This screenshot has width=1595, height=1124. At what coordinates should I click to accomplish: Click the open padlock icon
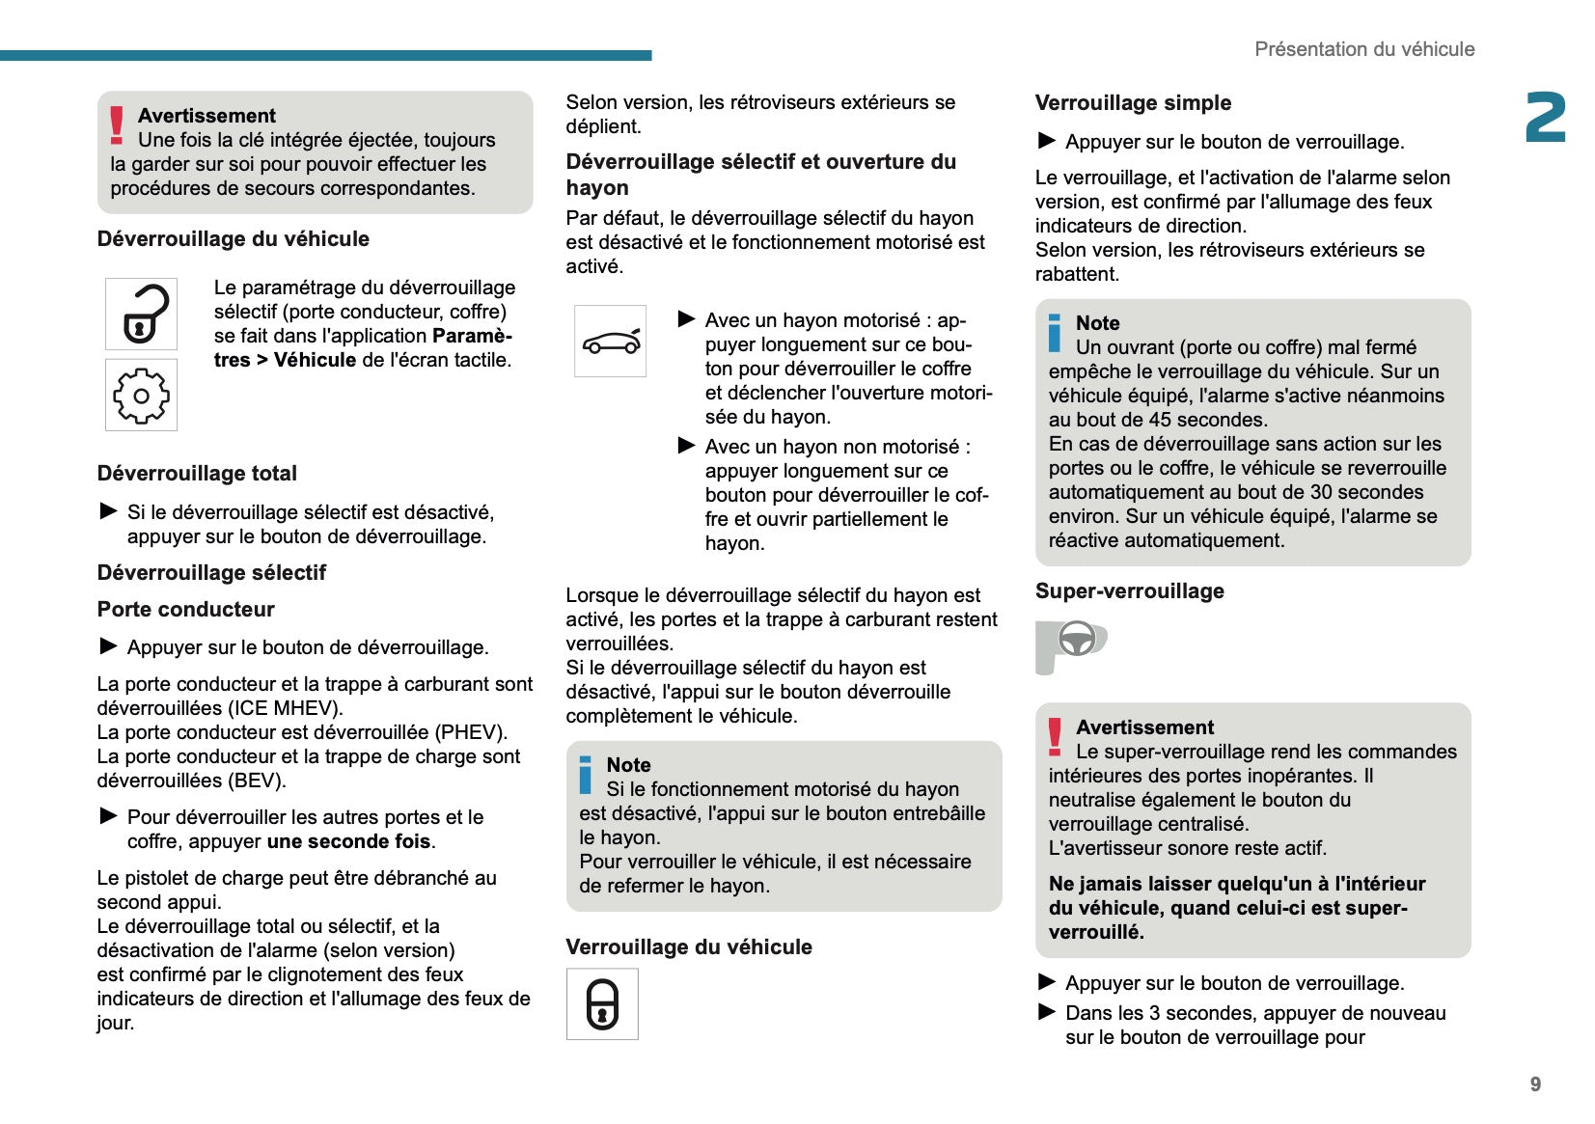point(141,315)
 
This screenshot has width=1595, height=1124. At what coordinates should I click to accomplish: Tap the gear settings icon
point(141,395)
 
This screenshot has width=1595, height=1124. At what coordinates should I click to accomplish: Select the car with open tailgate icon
point(610,342)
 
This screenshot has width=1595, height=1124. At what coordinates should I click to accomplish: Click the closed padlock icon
point(602,1004)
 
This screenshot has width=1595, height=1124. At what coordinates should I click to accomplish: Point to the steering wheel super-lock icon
point(1072,644)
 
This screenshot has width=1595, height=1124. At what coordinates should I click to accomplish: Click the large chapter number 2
point(1545,119)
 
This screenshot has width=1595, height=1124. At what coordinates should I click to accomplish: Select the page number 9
point(1535,1084)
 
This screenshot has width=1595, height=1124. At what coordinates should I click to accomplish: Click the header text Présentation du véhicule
point(1363,49)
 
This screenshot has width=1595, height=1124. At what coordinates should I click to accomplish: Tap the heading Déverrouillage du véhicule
point(233,239)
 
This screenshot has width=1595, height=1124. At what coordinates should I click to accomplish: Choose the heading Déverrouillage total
point(197,474)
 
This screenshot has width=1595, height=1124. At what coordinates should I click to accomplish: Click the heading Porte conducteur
point(185,610)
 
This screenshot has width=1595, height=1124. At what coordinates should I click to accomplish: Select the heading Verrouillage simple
point(1133,103)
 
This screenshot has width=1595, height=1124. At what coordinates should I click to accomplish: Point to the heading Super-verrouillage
point(1129,591)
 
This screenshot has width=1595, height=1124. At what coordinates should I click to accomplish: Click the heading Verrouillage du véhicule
point(688,947)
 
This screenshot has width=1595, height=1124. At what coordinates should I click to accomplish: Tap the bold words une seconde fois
point(348,841)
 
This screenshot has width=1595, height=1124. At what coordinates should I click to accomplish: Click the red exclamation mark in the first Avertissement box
point(117,125)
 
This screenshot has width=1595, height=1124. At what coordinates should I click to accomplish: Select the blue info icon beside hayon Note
point(586,776)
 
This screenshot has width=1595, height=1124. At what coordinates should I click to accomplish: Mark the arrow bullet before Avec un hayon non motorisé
point(687,446)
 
